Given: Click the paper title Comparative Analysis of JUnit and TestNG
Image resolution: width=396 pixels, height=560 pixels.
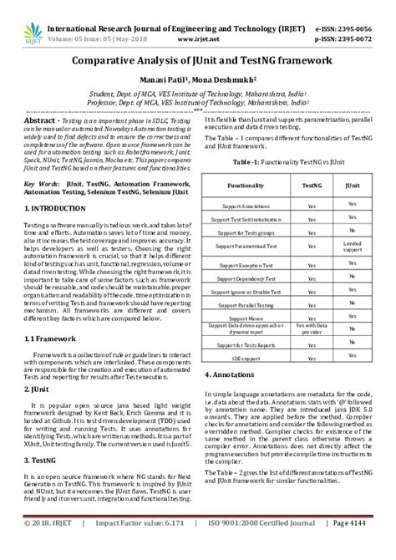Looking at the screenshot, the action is pos(197,62).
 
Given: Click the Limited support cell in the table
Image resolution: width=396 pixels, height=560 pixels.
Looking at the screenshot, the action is pos(353,246).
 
